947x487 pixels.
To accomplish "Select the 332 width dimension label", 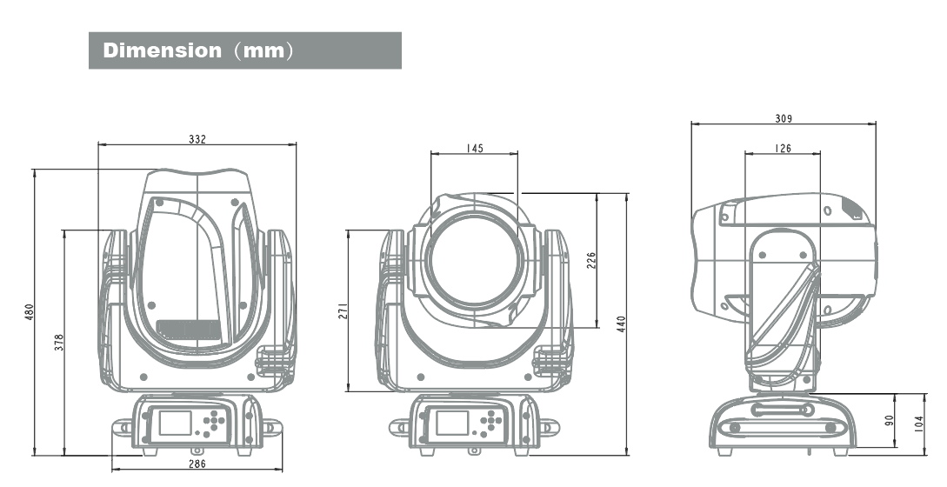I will [x=197, y=139].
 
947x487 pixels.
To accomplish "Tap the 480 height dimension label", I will [x=29, y=311].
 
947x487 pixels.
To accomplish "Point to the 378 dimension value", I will [x=58, y=342].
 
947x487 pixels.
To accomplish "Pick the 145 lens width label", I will [x=474, y=149].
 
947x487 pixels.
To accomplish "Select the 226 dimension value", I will [x=591, y=261].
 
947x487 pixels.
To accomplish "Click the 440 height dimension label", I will [x=621, y=324].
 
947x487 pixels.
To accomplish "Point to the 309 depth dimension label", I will [x=783, y=119].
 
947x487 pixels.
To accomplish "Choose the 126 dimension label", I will [x=782, y=149].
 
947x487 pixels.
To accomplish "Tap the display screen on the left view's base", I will [x=175, y=424].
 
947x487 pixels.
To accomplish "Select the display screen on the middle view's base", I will [x=452, y=424].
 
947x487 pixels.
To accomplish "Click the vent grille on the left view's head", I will [x=189, y=329].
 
